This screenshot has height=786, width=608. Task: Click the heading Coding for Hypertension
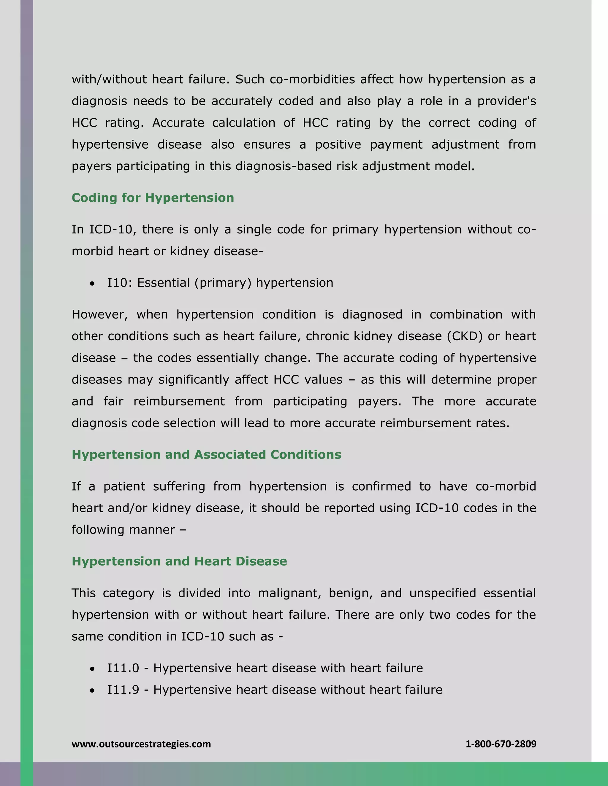[153, 198]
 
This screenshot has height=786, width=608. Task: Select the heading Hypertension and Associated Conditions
[206, 454]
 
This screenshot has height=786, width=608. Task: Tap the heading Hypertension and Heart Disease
[179, 561]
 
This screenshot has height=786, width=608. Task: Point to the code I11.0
[123, 668]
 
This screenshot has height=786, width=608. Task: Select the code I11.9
[123, 690]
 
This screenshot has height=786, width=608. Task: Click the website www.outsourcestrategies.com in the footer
[141, 744]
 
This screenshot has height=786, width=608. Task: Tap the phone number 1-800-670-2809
[501, 744]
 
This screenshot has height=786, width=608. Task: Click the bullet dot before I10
[93, 284]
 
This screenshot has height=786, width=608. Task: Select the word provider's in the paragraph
[506, 101]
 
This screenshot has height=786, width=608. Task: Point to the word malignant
[289, 593]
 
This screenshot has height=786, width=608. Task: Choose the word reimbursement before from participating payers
[179, 401]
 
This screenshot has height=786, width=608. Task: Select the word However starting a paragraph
[99, 314]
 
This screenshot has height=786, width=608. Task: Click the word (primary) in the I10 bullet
[223, 283]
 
